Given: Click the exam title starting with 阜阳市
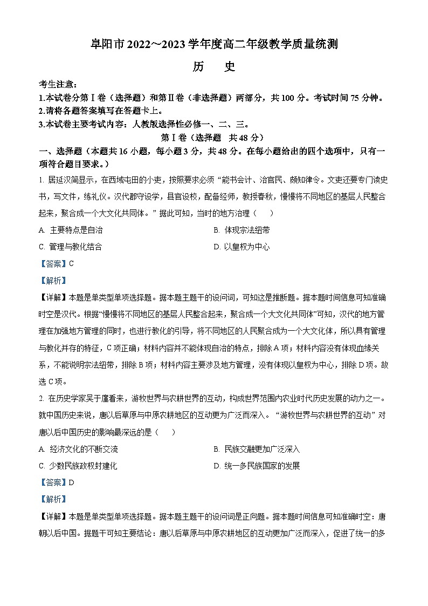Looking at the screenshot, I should tap(214, 44).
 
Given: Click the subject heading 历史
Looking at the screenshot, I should tap(214, 67).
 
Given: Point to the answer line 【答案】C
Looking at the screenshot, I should tap(56, 264).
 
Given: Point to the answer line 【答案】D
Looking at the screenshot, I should tap(56, 483).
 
